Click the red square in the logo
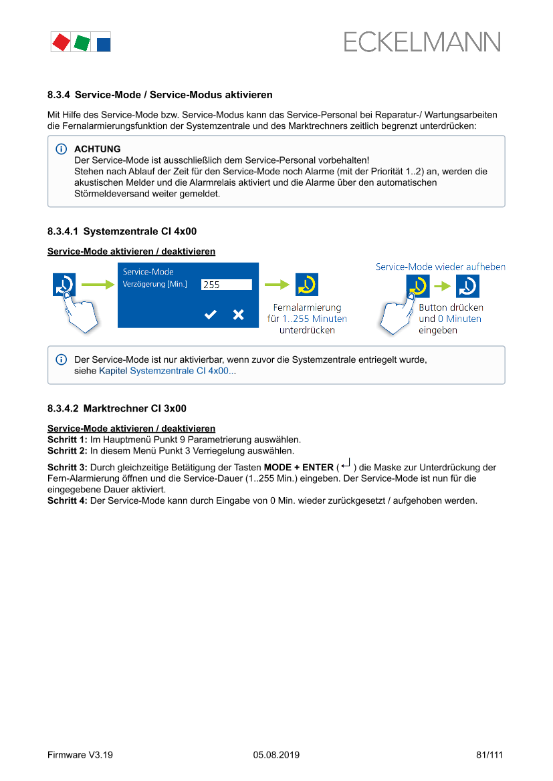[x=62, y=43]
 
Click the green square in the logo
[x=82, y=43]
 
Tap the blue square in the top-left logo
[x=103, y=45]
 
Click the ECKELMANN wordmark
[x=422, y=42]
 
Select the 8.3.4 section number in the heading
[x=59, y=96]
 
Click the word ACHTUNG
[x=98, y=149]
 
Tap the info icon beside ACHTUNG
[x=62, y=149]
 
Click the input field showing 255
[x=227, y=285]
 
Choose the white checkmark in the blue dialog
[x=211, y=315]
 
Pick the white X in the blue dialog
[x=238, y=315]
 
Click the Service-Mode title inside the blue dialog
[x=148, y=272]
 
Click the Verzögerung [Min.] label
[x=155, y=285]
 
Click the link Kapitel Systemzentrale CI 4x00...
[x=167, y=371]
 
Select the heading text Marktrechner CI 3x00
[x=134, y=408]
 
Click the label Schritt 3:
[x=68, y=468]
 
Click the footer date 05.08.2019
[x=276, y=755]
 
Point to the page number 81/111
[x=489, y=755]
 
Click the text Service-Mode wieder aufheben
[x=440, y=267]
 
